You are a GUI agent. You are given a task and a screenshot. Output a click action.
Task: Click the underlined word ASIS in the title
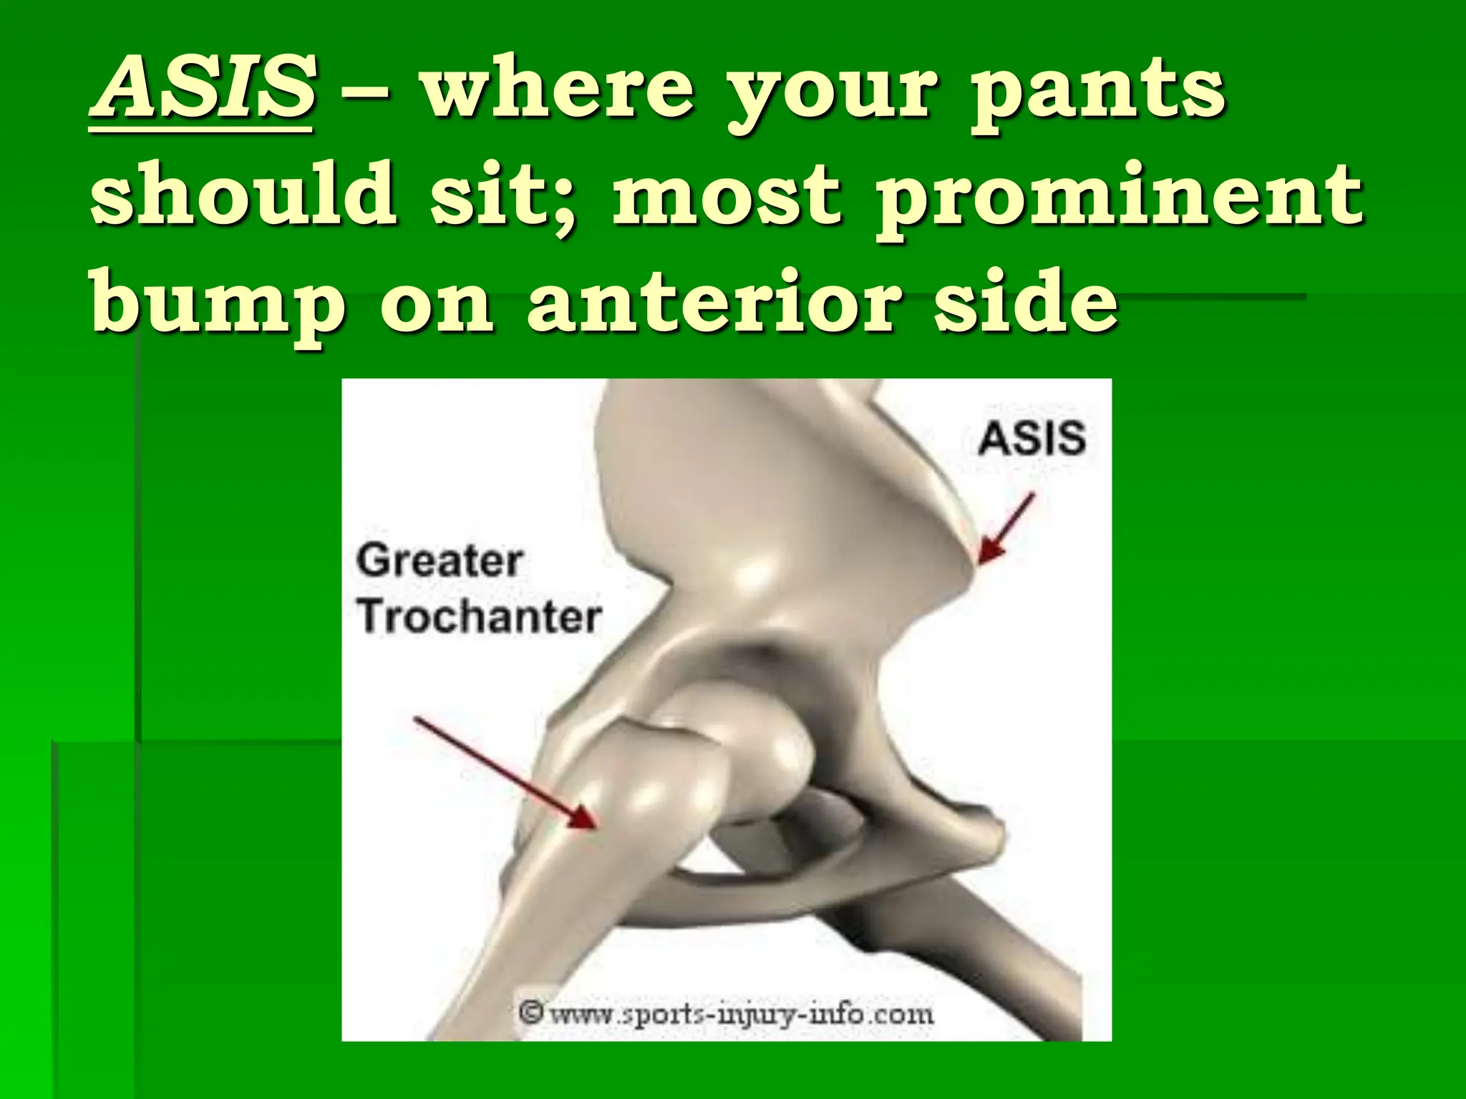(x=202, y=89)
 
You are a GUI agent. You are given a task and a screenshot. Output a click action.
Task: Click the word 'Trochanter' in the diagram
(x=479, y=617)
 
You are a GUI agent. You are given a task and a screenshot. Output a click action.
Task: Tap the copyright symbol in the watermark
(x=530, y=1014)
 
